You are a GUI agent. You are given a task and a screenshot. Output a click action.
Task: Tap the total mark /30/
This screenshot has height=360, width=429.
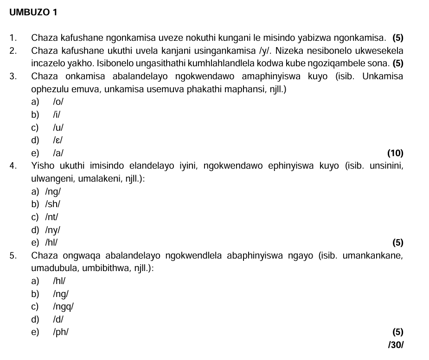(x=395, y=345)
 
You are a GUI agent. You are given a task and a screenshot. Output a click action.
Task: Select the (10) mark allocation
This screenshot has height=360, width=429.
(x=395, y=153)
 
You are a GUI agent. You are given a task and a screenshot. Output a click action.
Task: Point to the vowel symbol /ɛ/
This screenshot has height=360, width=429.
(x=58, y=140)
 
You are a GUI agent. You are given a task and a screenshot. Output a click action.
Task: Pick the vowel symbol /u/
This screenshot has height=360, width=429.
(x=58, y=127)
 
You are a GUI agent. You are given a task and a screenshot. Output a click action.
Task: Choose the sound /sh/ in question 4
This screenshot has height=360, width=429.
(x=53, y=204)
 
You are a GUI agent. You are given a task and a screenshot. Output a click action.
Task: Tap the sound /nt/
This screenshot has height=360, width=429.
(x=52, y=216)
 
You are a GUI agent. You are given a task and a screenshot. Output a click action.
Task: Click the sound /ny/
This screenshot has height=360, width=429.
(x=53, y=229)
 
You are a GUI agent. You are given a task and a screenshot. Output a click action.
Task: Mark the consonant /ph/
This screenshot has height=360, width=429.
(x=61, y=332)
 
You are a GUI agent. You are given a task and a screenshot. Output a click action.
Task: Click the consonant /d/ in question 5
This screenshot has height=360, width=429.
(x=58, y=319)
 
